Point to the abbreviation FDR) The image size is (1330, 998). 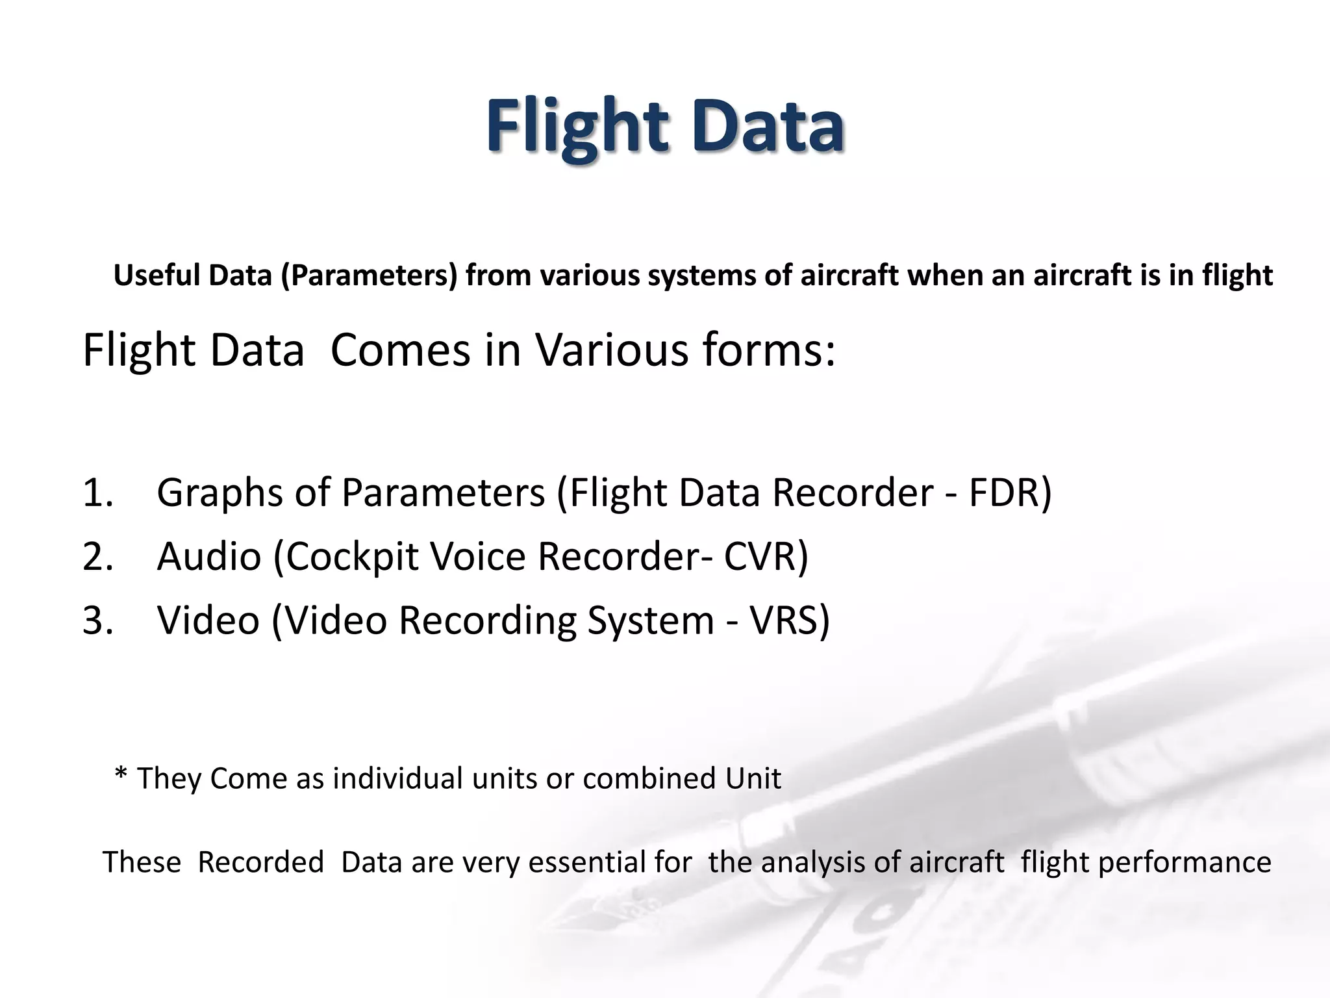click(x=1010, y=493)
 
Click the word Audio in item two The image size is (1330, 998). click(x=208, y=557)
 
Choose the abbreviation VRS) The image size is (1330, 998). click(x=789, y=621)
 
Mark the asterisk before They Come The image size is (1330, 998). click(x=120, y=774)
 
